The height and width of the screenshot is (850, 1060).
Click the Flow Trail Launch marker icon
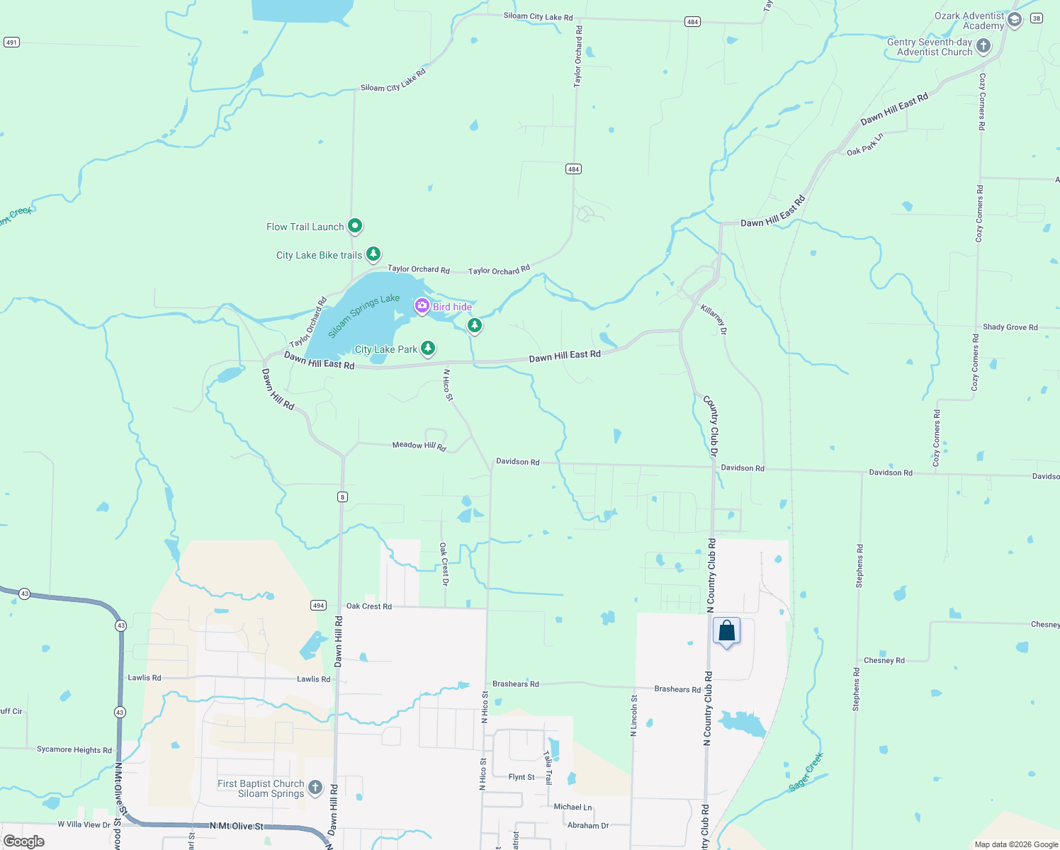tap(355, 226)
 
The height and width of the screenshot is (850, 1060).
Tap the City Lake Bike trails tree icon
tap(373, 254)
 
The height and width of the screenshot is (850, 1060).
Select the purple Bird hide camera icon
tap(422, 306)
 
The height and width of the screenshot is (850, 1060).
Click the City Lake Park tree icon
tap(428, 348)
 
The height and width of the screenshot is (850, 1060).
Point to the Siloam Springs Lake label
tap(363, 316)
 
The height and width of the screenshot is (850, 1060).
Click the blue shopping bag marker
tap(726, 631)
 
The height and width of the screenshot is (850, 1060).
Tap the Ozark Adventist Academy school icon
tap(1015, 21)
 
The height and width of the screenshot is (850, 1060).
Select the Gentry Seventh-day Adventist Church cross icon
tap(983, 47)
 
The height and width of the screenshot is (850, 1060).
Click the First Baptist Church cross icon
tap(315, 788)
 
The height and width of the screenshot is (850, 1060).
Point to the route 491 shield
tap(11, 42)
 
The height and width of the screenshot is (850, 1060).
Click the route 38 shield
tap(1037, 18)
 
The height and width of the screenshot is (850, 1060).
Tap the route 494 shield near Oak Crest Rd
tap(318, 605)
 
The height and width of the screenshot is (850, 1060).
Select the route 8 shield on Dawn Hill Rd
tap(343, 497)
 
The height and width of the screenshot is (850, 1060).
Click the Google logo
tap(24, 841)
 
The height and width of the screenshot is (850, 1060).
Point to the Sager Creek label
tap(806, 772)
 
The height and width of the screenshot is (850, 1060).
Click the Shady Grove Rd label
tap(1010, 327)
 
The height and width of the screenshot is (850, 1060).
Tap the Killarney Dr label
tap(714, 319)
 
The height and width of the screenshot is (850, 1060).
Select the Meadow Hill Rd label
tap(419, 446)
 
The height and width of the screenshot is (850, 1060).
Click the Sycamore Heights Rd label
tap(74, 749)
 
